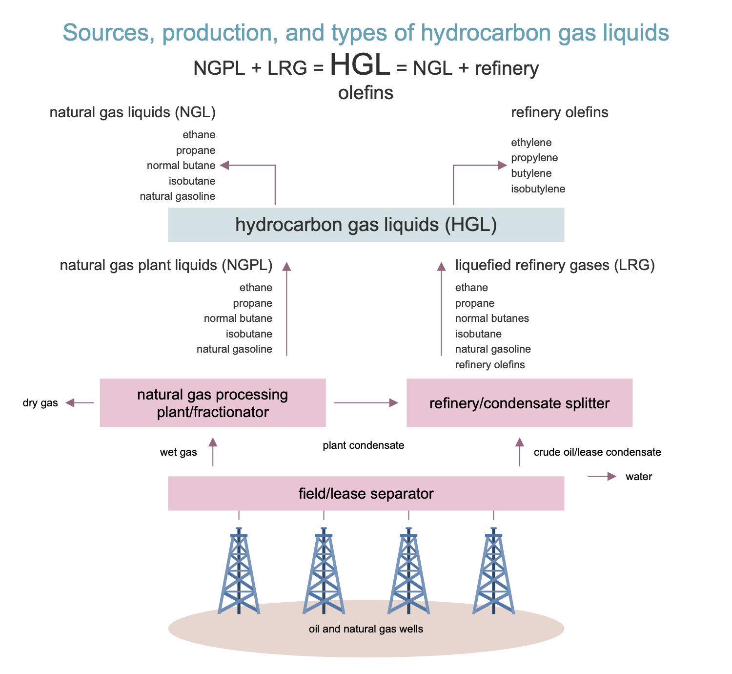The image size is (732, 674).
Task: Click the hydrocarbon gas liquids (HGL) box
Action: tap(366, 225)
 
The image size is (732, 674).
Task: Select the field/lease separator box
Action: tap(366, 493)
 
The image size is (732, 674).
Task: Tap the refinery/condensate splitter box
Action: tap(519, 402)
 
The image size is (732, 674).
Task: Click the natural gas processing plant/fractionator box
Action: tap(213, 402)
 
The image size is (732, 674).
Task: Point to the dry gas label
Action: tap(40, 402)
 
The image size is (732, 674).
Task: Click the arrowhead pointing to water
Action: tap(612, 476)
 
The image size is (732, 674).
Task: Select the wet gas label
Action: tap(178, 452)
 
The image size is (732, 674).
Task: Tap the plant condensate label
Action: tap(364, 445)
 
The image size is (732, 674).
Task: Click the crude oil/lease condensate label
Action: tap(597, 452)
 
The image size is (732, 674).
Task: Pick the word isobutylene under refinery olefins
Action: tap(538, 189)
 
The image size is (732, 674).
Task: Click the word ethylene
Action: tap(531, 143)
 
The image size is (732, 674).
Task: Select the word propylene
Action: tap(534, 158)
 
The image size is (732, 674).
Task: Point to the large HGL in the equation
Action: tap(360, 64)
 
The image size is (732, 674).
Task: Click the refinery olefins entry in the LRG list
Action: tap(489, 364)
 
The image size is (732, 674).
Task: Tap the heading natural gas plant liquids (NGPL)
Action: tap(166, 265)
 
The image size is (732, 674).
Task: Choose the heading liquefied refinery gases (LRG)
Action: tap(555, 265)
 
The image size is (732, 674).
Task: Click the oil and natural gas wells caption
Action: tap(366, 629)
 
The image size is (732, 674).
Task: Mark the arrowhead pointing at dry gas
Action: tap(70, 402)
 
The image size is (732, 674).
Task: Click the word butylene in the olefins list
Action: tap(531, 173)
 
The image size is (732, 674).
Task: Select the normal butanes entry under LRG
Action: tap(492, 318)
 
